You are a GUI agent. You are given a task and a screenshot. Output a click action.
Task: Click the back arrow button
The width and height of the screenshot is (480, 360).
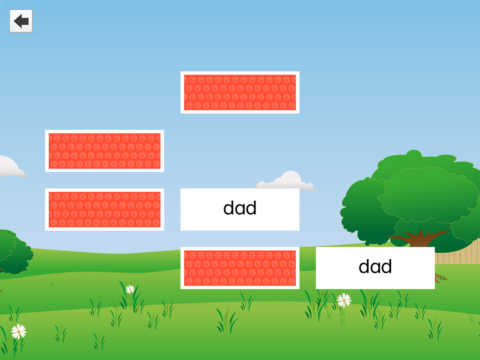coord(21,21)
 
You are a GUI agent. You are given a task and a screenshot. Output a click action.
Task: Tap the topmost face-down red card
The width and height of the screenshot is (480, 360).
coord(240,92)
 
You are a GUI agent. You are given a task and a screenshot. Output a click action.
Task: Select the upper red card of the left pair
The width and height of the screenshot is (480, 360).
coord(105,151)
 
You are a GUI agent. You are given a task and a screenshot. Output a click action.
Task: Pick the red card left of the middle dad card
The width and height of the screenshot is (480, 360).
coord(105,210)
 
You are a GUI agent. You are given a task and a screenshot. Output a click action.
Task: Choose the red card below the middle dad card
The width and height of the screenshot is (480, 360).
coord(240,268)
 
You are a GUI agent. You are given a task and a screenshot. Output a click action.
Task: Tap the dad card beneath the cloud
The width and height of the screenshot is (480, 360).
coord(240,210)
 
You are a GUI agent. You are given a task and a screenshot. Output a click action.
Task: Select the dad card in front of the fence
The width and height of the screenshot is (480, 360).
coord(375,268)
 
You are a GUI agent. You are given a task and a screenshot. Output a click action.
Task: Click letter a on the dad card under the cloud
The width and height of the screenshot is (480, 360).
coord(240,209)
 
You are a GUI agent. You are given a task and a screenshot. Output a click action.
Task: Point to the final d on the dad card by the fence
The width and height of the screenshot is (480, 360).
coord(385,267)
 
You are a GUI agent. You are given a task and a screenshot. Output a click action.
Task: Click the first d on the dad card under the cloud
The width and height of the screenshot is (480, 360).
coord(229,208)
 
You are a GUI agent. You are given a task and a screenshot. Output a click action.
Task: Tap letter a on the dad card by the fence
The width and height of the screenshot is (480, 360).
coord(375,268)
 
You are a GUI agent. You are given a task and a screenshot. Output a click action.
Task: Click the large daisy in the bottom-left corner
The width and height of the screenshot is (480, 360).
coord(18,331)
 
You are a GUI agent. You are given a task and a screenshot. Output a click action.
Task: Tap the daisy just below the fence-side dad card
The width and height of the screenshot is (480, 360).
coord(344,300)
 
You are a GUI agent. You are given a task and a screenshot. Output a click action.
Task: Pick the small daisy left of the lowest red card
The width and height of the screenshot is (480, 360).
coord(130,289)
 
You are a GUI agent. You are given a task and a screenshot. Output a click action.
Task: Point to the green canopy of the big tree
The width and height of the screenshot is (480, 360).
coord(412,192)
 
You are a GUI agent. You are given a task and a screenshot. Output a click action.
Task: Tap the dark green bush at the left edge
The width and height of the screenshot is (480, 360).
coord(14,251)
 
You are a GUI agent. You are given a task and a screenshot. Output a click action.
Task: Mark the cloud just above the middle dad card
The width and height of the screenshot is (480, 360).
coord(287,180)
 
